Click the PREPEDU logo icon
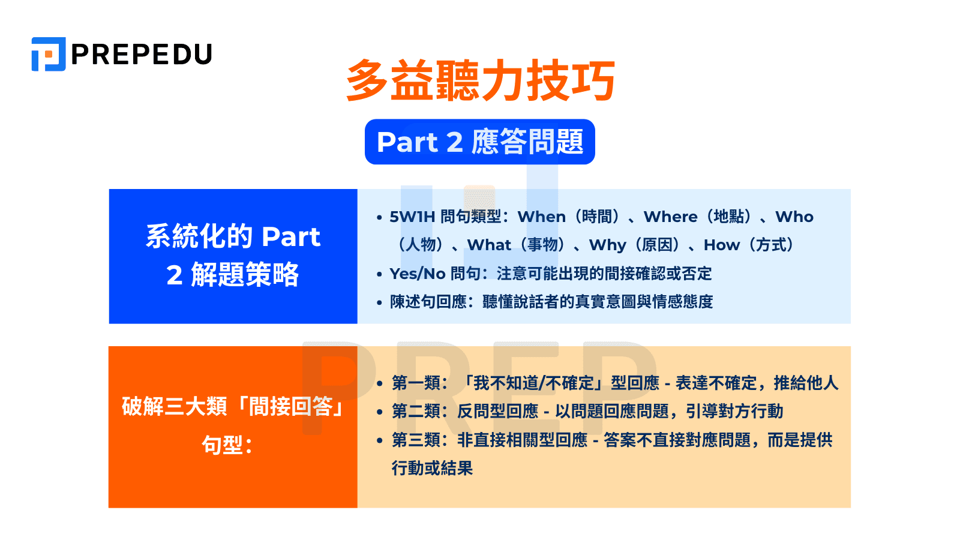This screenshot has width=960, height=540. (x=48, y=54)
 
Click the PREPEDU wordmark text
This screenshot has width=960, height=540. (x=142, y=55)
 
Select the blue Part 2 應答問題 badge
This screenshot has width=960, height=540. (x=479, y=142)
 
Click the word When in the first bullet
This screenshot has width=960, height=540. (x=541, y=217)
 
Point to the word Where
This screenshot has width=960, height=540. (x=670, y=217)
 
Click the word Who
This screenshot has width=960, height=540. (x=794, y=217)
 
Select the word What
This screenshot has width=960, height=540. (x=489, y=245)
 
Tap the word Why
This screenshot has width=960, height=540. (x=607, y=245)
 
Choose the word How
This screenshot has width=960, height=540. (x=721, y=245)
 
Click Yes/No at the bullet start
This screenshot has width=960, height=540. (x=417, y=274)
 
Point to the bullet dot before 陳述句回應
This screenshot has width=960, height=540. (x=379, y=302)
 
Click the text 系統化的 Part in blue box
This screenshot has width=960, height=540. (x=233, y=236)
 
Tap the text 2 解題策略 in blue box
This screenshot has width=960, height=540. (x=233, y=275)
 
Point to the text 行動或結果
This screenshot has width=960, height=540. (x=432, y=468)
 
